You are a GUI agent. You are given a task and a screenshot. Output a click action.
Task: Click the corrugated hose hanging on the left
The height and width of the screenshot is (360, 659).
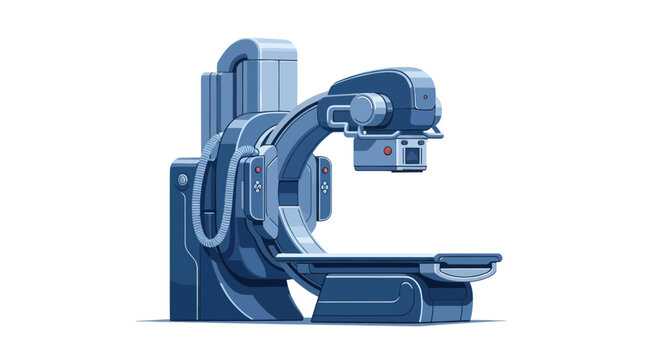[204, 190]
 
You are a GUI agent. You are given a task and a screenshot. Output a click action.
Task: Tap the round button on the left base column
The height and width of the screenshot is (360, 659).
[182, 180]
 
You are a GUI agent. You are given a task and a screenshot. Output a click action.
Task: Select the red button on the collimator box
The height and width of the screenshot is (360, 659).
[387, 150]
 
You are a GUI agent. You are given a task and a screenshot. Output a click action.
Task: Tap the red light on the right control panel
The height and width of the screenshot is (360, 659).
[326, 170]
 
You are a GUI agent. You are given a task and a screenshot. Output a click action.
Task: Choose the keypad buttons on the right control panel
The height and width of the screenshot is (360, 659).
[326, 187]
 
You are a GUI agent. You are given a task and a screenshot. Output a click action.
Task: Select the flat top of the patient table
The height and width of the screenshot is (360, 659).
[390, 257]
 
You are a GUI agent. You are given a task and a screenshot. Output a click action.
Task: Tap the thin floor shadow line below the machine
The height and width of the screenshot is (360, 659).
[320, 322]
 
